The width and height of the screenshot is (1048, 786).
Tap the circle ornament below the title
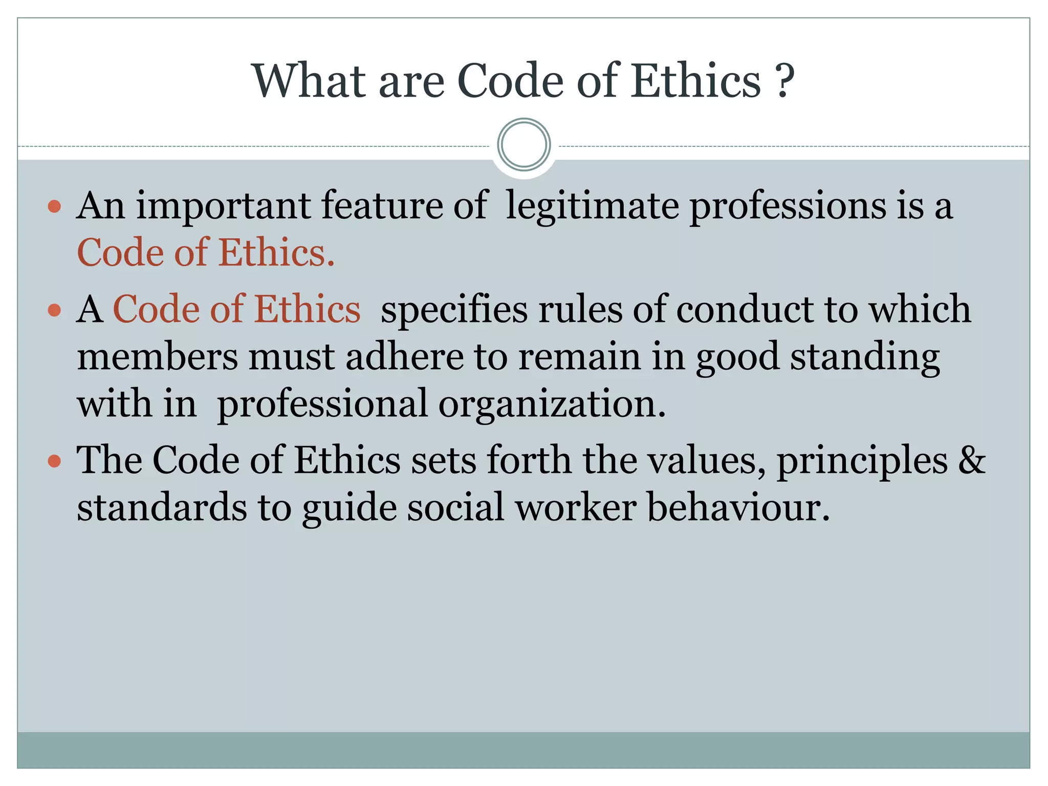[523, 144]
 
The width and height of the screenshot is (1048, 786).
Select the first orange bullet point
[54, 207]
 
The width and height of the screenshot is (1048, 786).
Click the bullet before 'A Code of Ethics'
[54, 310]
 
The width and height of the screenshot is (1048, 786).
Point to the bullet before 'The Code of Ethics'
[54, 461]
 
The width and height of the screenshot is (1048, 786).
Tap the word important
[223, 207]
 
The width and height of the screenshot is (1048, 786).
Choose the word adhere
[404, 356]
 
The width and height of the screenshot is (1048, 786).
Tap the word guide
[350, 508]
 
